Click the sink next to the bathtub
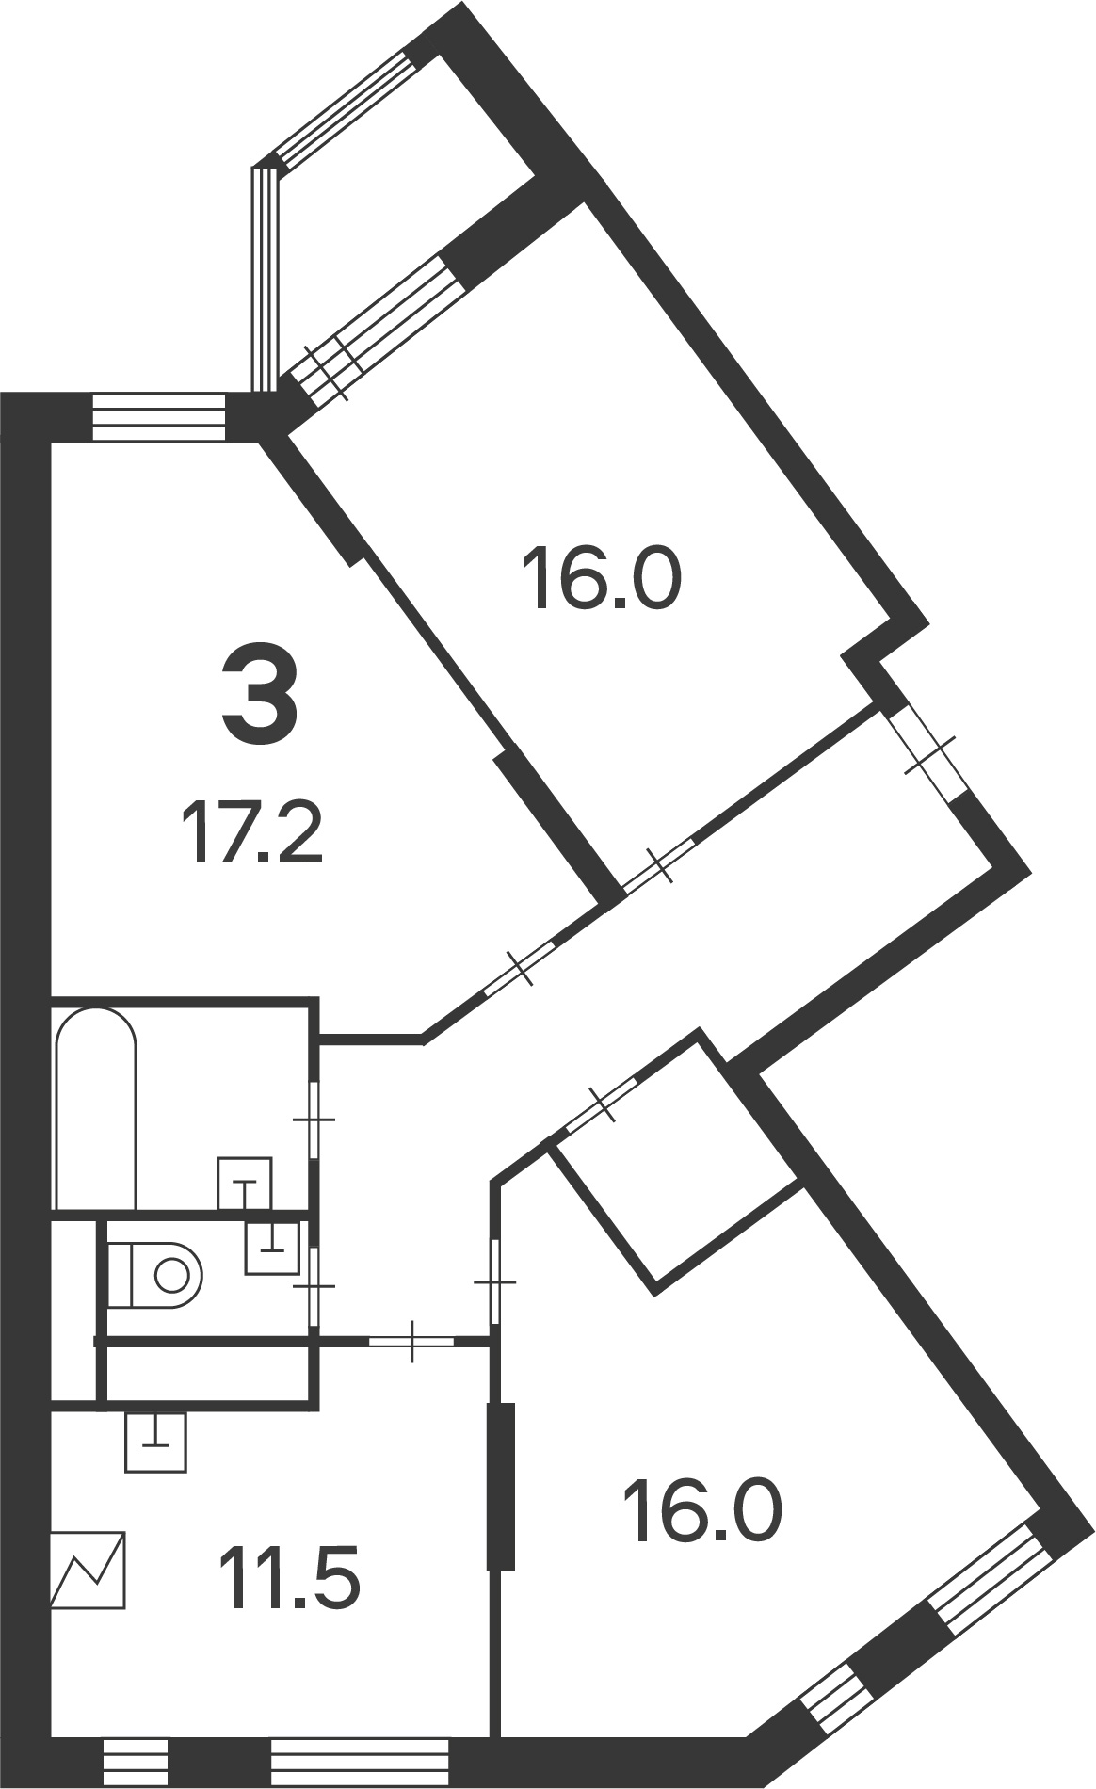coord(245,1184)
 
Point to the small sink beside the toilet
coord(272,1248)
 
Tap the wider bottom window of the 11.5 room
coord(359,1764)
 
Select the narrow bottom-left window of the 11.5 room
coord(135,1764)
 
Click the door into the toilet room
coord(314,1286)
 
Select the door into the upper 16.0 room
coord(660,863)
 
